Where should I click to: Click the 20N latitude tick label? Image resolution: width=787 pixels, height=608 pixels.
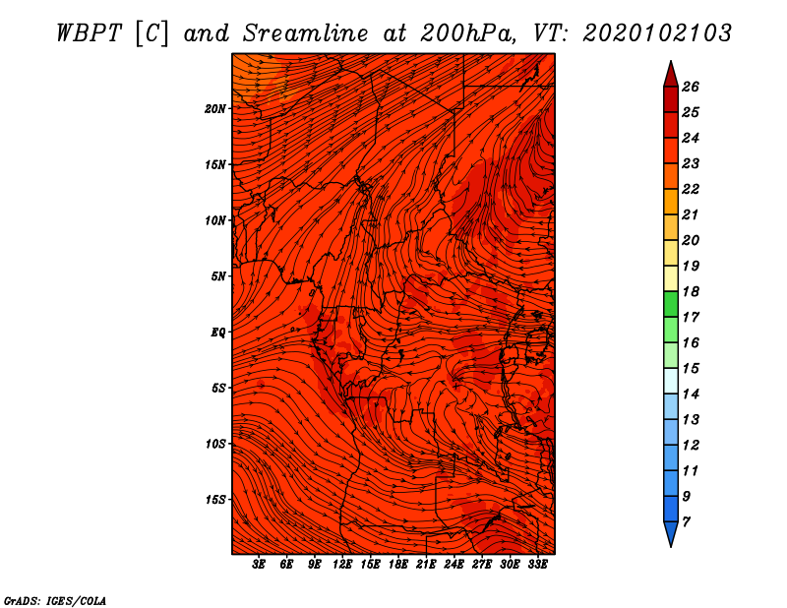coord(214,109)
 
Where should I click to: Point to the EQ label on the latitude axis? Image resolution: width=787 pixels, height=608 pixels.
coord(217,333)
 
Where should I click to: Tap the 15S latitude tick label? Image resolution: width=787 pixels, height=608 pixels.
coord(214,500)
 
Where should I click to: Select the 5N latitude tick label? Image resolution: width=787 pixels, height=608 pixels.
coord(217,276)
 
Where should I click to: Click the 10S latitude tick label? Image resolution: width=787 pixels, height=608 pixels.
coord(214,445)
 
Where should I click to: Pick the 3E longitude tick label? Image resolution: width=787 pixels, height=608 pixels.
coord(259,565)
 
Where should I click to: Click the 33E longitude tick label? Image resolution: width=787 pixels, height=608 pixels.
coord(537,565)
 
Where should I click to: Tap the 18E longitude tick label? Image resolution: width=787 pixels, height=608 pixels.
coord(398,565)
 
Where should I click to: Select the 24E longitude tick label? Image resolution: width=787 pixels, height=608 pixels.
coord(454,565)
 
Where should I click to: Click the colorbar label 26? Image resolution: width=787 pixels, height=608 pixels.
coord(691,87)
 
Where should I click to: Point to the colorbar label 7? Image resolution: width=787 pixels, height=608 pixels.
coord(686,522)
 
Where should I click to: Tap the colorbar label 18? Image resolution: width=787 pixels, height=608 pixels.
coord(691,291)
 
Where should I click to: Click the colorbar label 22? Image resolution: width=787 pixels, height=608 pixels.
coord(691,189)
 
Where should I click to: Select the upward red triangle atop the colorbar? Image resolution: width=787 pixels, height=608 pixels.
coord(671,76)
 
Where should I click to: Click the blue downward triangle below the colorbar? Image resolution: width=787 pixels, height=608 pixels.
coord(671,533)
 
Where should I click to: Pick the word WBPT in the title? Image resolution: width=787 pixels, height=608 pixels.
coord(89,33)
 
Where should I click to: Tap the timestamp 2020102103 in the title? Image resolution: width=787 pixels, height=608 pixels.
coord(657,33)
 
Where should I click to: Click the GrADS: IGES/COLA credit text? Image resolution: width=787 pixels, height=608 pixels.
coord(55,601)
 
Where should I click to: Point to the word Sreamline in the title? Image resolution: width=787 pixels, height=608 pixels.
coord(306,33)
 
